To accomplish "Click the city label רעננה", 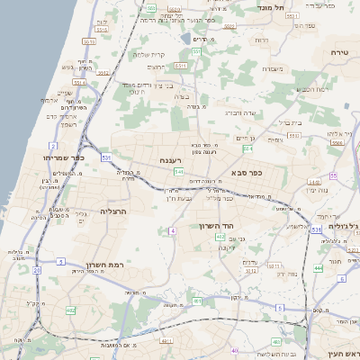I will [171, 160].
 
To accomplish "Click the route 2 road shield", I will [54, 144].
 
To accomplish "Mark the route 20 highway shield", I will [36, 269].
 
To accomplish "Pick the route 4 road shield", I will [171, 231].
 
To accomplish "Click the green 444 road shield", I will [318, 267].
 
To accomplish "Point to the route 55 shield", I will [334, 175].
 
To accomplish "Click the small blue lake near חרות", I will [185, 40].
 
